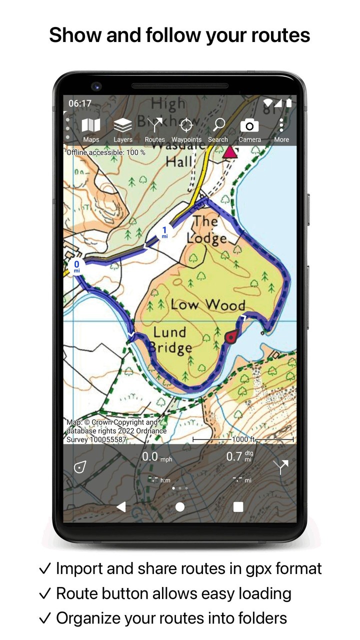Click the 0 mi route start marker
[x=76, y=266]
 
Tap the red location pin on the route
[x=230, y=337]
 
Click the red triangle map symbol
[x=229, y=152]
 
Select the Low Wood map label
[x=208, y=304]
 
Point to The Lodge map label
[x=206, y=230]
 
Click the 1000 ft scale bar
[x=243, y=439]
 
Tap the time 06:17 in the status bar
[x=80, y=103]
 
